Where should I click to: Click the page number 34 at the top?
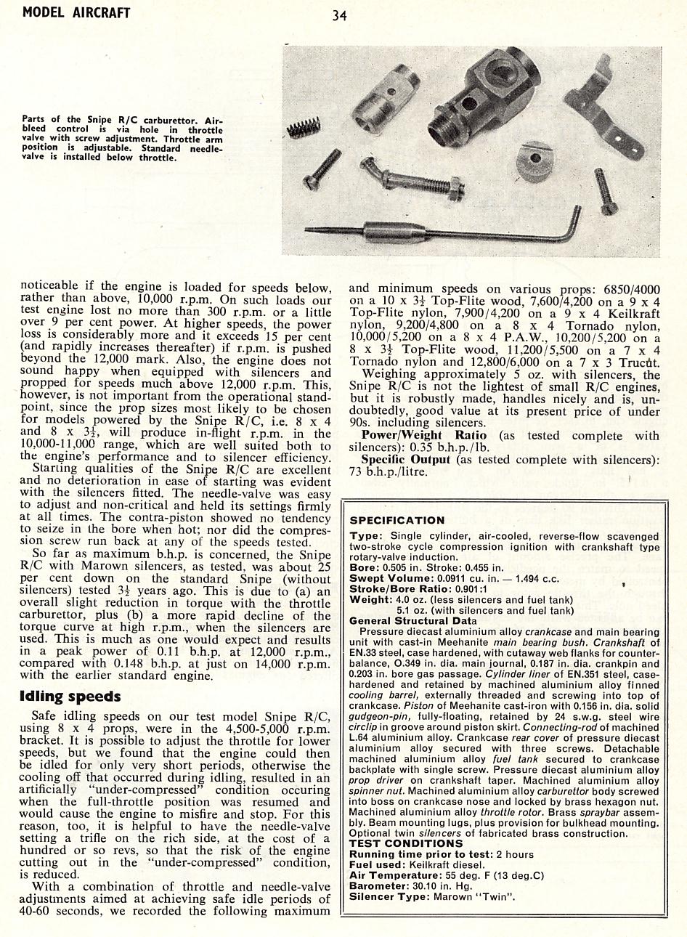[x=339, y=15]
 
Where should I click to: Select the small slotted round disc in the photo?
[x=531, y=160]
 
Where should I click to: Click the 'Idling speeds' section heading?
[x=70, y=697]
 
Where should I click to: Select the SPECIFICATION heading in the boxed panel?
[x=397, y=520]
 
